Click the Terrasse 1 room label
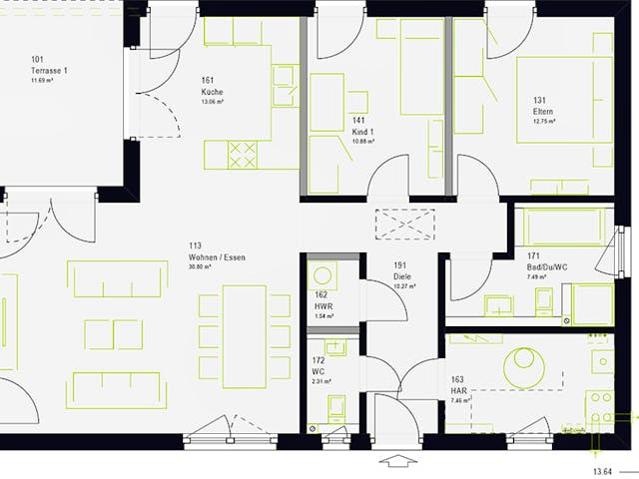pyautogui.click(x=50, y=72)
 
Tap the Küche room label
pyautogui.click(x=212, y=93)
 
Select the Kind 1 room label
pyautogui.click(x=362, y=132)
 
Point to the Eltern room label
pyautogui.click(x=544, y=111)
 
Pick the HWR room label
pyautogui.click(x=321, y=305)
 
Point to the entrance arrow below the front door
pyautogui.click(x=396, y=461)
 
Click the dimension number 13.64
pyautogui.click(x=602, y=470)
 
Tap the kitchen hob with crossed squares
pyautogui.click(x=243, y=154)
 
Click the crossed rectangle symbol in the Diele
pyautogui.click(x=404, y=224)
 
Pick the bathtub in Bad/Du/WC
pyautogui.click(x=559, y=228)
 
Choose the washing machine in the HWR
pyautogui.click(x=321, y=274)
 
